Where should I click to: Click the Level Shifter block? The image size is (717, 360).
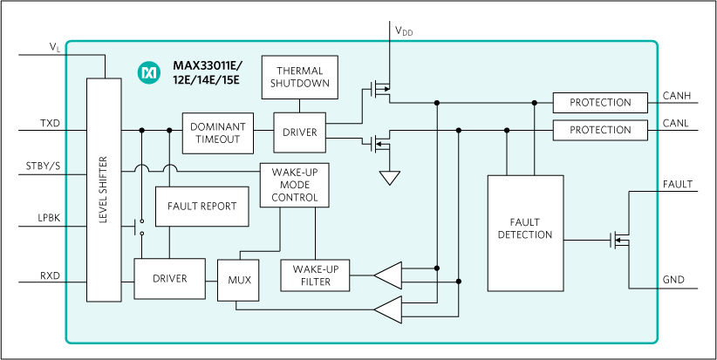104,189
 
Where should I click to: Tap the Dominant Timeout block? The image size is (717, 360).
218,132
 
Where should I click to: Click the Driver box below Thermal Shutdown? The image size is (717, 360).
299,132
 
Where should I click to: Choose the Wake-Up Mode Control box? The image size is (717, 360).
294,186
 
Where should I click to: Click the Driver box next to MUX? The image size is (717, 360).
169,279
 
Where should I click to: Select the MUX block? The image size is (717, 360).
239,281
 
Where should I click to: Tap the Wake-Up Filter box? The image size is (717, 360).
315,275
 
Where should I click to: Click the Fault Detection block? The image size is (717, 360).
525,233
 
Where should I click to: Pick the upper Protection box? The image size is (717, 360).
600,103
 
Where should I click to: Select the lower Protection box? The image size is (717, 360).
600,131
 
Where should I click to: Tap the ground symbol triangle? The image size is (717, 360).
389,178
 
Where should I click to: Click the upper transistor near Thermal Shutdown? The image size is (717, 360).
380,88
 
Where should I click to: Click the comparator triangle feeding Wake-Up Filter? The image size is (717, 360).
388,275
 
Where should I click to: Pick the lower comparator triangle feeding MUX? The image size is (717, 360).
388,308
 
